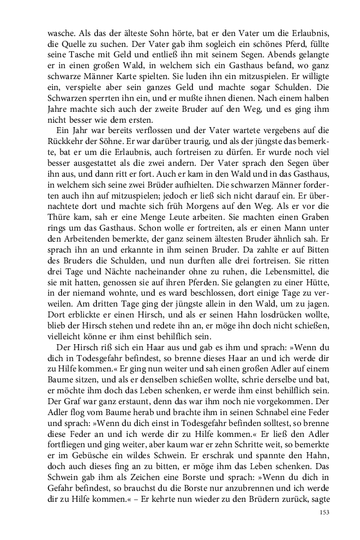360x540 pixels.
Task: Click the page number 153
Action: click(x=324, y=513)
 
